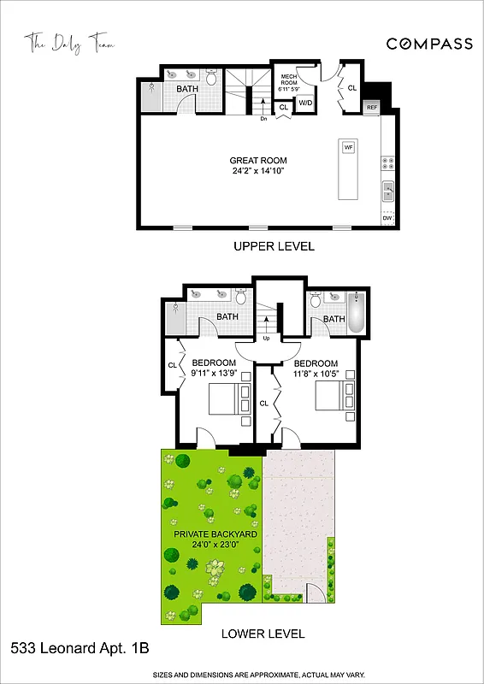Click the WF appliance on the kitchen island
click(348, 148)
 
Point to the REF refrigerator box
click(372, 108)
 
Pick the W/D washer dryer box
click(304, 103)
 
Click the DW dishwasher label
click(387, 219)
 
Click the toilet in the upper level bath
click(211, 78)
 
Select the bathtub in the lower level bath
click(357, 314)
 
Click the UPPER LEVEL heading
click(274, 246)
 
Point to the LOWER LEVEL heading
click(263, 634)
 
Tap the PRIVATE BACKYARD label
click(211, 534)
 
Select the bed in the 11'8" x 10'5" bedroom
click(334, 396)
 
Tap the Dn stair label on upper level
click(265, 119)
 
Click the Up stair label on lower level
click(266, 339)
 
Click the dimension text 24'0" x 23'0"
click(211, 545)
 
